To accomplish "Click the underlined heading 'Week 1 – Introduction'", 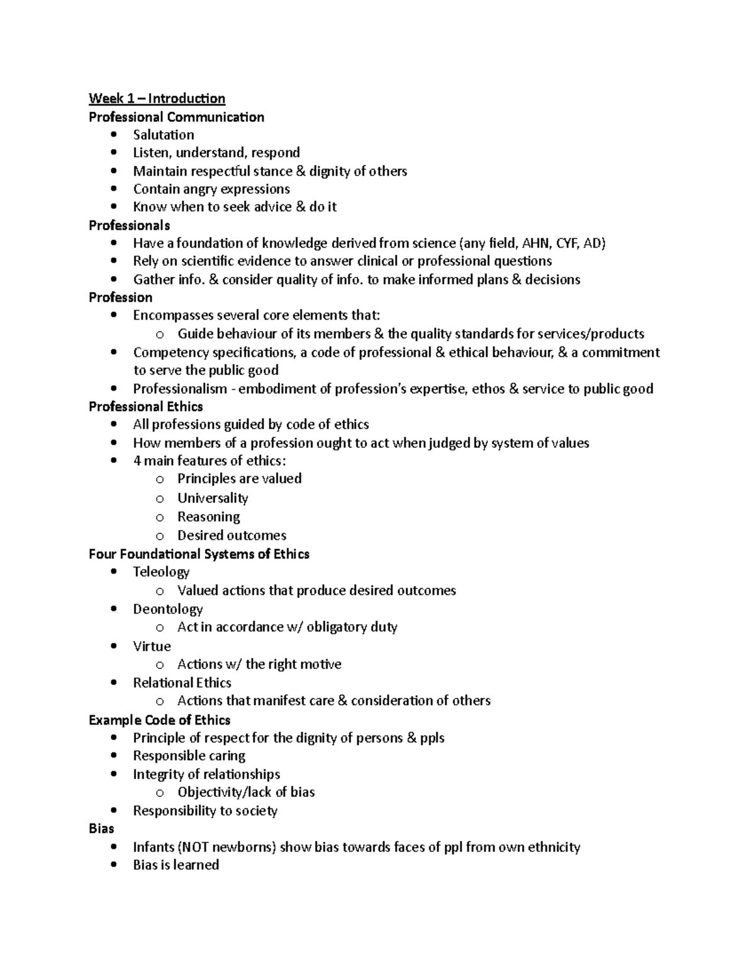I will (157, 98).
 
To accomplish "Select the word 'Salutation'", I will (163, 135).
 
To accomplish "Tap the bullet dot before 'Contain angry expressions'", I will (113, 189).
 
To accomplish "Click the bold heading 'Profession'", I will (120, 298).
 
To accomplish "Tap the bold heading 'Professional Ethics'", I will (145, 406).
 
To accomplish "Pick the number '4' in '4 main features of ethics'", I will (137, 461).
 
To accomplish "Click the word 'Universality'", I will (213, 498).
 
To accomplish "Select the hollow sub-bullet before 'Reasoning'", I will (160, 518).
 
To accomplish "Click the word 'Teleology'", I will (161, 572).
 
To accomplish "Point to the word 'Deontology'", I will (167, 609).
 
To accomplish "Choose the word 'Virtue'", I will (152, 646).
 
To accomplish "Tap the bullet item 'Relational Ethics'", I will (182, 683).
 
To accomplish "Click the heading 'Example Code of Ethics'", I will (159, 720).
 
